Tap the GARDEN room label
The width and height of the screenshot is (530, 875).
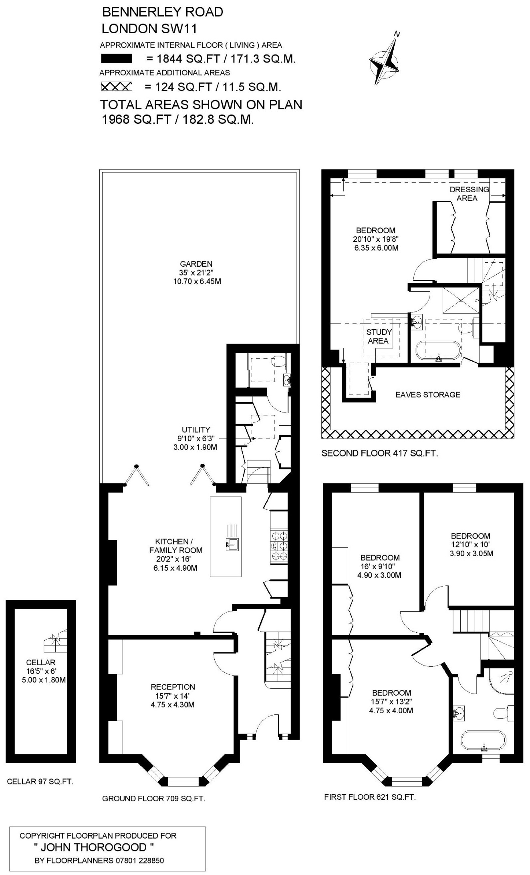[x=196, y=264]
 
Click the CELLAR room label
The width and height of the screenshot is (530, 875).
[x=40, y=663]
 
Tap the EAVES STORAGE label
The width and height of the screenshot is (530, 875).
[x=428, y=394]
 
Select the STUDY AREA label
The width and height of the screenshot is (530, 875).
[x=379, y=336]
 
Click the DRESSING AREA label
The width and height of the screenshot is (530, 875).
[x=469, y=193]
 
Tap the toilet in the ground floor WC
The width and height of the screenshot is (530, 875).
[x=278, y=361]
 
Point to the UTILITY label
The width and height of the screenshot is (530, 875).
[x=196, y=430]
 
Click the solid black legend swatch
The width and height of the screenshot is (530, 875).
[x=117, y=59]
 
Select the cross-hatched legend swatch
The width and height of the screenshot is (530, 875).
[x=117, y=86]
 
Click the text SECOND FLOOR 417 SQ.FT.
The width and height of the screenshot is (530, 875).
[x=380, y=453]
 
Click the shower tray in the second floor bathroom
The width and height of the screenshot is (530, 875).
[x=461, y=300]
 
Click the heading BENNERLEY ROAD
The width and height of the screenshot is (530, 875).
[x=163, y=12]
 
